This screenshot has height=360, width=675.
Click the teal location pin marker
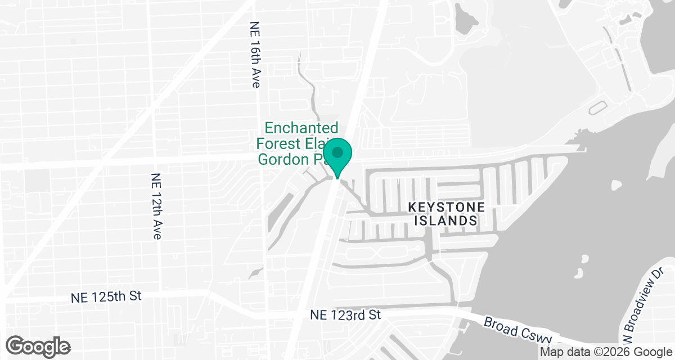click(x=337, y=157)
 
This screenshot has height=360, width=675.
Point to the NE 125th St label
click(x=107, y=297)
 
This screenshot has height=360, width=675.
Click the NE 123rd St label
click(x=345, y=315)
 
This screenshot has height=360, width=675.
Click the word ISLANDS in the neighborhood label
click(x=446, y=221)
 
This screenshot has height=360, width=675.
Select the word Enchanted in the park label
click(x=301, y=128)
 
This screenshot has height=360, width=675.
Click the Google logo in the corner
click(x=38, y=345)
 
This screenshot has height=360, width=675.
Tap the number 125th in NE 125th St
click(x=109, y=297)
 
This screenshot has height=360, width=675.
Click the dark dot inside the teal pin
click(x=337, y=152)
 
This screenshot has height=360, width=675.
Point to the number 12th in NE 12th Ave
click(x=156, y=205)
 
